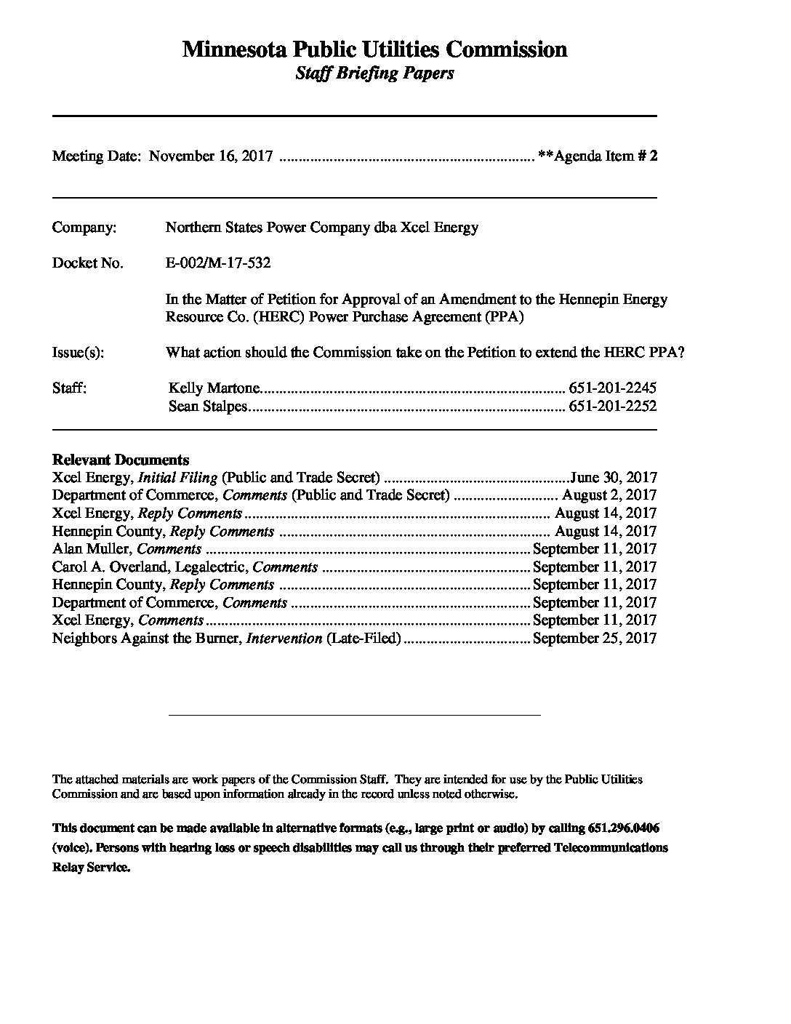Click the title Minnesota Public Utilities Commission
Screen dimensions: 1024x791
pyautogui.click(x=374, y=49)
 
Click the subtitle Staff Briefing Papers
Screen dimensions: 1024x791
pyautogui.click(x=374, y=73)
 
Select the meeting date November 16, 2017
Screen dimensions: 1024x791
pyautogui.click(x=211, y=156)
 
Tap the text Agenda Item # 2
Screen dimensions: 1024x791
pyautogui.click(x=605, y=156)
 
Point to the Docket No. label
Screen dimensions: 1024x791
pyautogui.click(x=87, y=263)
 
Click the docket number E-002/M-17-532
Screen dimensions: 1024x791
pyautogui.click(x=218, y=263)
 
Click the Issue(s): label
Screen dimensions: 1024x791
pyautogui.click(x=78, y=353)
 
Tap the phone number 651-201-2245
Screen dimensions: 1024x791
pyautogui.click(x=612, y=388)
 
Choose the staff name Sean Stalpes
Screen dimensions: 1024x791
pyautogui.click(x=208, y=407)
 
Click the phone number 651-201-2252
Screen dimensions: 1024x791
pyautogui.click(x=612, y=407)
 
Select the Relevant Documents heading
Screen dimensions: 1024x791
pyautogui.click(x=121, y=460)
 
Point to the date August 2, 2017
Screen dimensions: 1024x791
pyautogui.click(x=609, y=496)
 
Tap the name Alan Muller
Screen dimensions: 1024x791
pyautogui.click(x=92, y=549)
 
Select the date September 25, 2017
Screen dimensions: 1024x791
pyautogui.click(x=595, y=639)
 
